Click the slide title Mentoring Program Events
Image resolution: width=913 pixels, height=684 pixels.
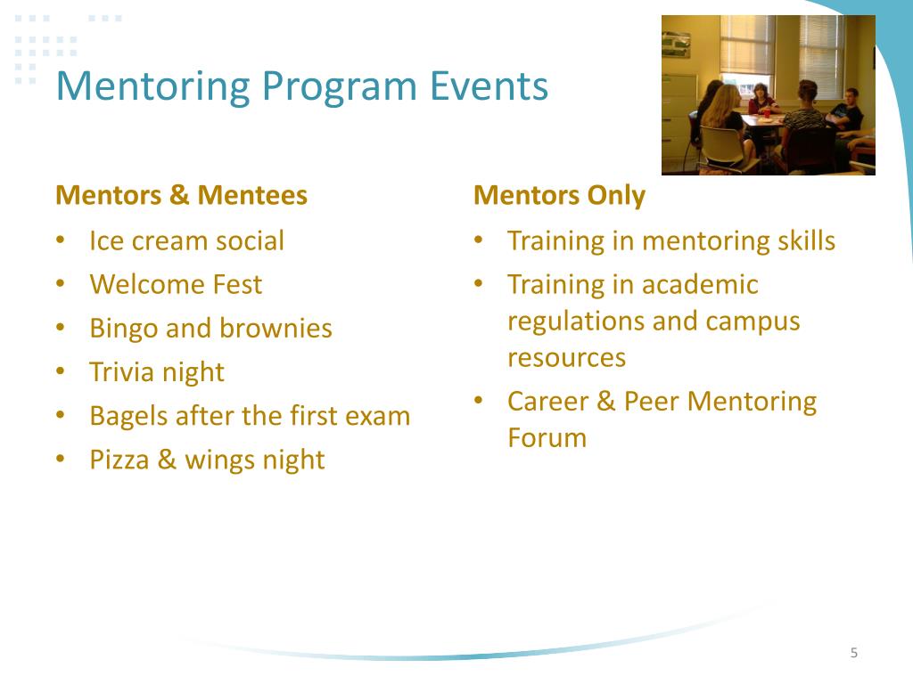pyautogui.click(x=301, y=86)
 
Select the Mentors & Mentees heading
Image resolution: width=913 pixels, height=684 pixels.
pyautogui.click(x=181, y=195)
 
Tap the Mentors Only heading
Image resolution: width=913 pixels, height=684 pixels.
pyautogui.click(x=559, y=195)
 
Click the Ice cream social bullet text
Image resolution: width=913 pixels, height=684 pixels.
pyautogui.click(x=186, y=240)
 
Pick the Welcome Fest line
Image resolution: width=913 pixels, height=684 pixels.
pyautogui.click(x=176, y=284)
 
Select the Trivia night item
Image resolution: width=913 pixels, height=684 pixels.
pyautogui.click(x=157, y=371)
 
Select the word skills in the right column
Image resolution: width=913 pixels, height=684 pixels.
pyautogui.click(x=802, y=240)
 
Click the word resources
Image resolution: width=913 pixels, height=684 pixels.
pyautogui.click(x=566, y=357)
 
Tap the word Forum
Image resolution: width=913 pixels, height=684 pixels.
pyautogui.click(x=547, y=437)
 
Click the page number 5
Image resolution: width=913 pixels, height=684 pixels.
pyautogui.click(x=853, y=653)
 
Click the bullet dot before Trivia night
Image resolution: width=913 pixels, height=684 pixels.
pyautogui.click(x=60, y=371)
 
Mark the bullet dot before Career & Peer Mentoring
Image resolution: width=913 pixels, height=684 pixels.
pyautogui.click(x=479, y=400)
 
